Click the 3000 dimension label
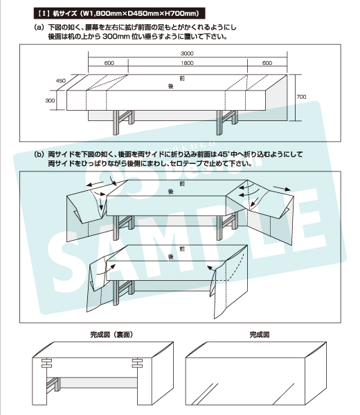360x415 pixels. [187, 53]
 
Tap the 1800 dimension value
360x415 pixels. [188, 63]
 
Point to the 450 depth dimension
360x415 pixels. [61, 81]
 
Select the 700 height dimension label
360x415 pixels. [301, 97]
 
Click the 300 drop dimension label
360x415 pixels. [50, 100]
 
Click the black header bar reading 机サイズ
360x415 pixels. [119, 13]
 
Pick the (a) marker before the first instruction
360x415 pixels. [39, 27]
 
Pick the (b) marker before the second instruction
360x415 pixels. [39, 154]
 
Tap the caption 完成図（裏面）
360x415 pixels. [111, 335]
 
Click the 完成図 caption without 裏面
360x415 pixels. [260, 335]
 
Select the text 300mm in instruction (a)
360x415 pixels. [116, 37]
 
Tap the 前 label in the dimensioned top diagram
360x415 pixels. [182, 78]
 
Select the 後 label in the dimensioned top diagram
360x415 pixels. [171, 86]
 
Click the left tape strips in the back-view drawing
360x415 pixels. [46, 363]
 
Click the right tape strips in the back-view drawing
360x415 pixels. [137, 363]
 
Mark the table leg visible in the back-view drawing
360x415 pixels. [54, 384]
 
